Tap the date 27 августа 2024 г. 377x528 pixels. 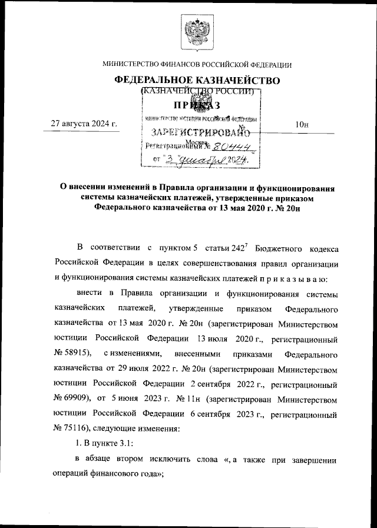(84, 124)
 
